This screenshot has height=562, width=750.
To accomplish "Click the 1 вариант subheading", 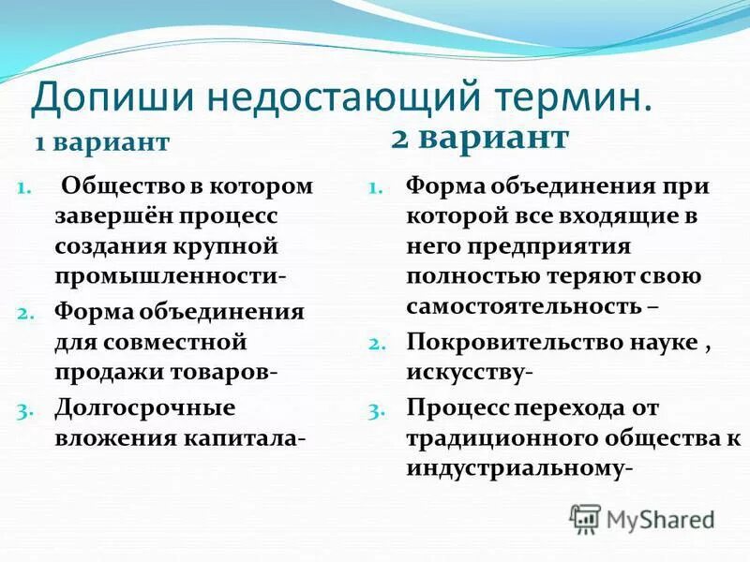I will (102, 142).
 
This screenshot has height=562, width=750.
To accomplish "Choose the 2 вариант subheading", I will (479, 138).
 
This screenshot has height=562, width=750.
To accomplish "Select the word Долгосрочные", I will (144, 407).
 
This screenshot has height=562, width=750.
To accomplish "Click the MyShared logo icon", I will (585, 518).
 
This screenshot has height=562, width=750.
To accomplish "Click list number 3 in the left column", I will (25, 409).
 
